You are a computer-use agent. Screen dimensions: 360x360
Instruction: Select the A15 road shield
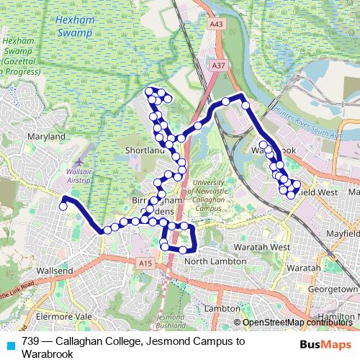pyautogui.click(x=146, y=264)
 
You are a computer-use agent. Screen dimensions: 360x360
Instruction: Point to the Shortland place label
pyautogui.click(x=145, y=150)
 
